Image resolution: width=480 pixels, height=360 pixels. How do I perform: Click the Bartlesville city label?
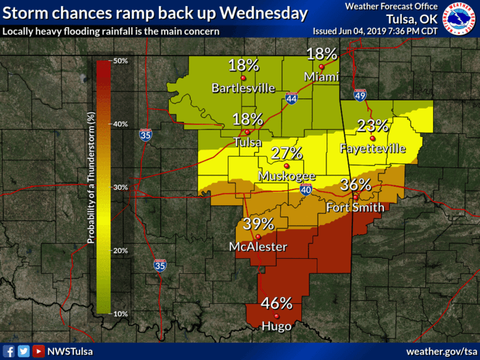243,87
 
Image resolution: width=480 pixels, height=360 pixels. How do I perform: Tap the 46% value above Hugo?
276,304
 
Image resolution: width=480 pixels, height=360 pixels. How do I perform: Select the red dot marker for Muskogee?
286,165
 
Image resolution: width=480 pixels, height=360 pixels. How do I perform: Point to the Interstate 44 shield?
291,99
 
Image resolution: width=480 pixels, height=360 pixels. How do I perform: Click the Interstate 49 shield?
360,95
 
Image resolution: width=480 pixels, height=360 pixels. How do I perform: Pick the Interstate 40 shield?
306,191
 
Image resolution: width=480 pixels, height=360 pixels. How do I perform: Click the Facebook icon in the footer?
9,351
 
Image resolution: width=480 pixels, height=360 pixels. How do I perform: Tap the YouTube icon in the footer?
38,351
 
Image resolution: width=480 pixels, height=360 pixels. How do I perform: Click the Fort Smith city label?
355,208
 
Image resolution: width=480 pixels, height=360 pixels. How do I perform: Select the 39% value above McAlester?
258,224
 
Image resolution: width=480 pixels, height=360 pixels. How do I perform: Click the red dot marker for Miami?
322,67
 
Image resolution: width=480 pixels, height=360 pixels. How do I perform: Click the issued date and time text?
375,31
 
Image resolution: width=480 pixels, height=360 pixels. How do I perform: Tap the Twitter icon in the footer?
24,351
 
